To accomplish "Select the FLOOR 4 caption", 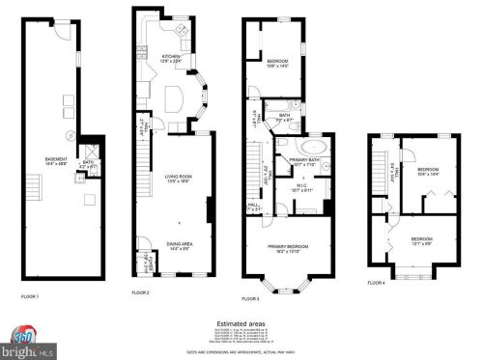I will [376, 283].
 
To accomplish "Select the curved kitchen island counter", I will [175, 97].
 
